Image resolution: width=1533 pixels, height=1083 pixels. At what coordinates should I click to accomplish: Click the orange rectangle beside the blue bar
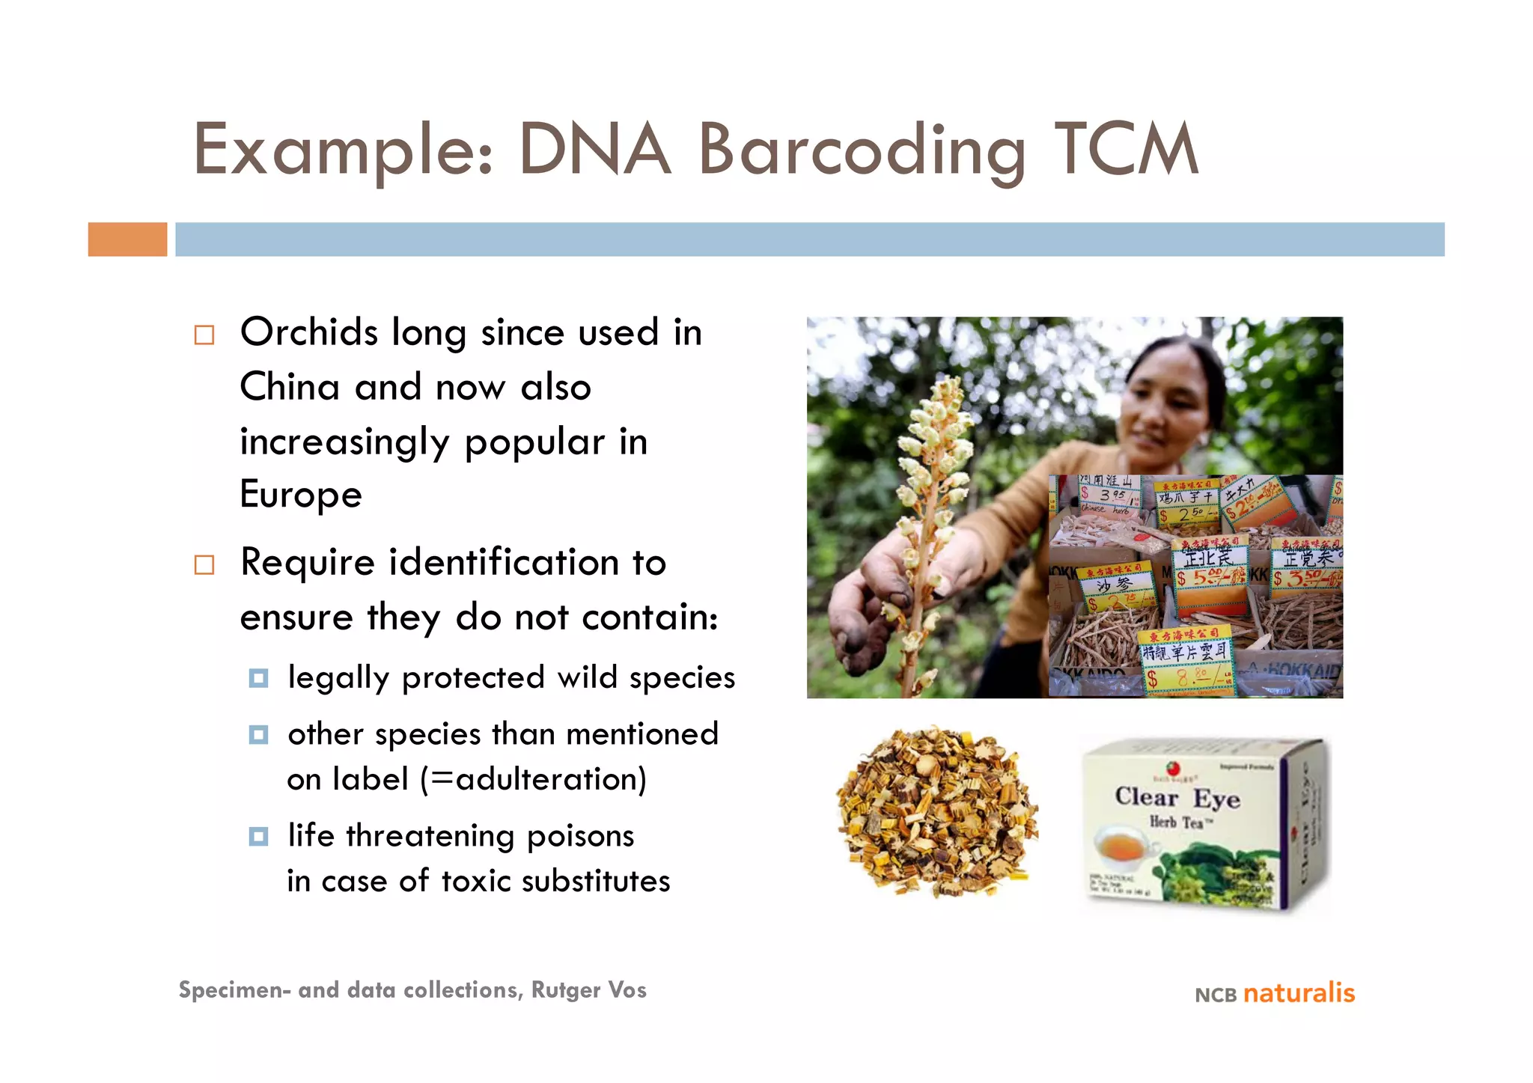[x=127, y=240]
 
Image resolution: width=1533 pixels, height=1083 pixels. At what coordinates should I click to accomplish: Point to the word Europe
[x=301, y=495]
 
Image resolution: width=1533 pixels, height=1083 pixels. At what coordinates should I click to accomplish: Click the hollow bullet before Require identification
[x=204, y=564]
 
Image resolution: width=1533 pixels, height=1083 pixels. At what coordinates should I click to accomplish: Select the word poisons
[x=580, y=835]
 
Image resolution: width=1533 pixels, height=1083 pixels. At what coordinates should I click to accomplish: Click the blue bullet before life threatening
[x=258, y=836]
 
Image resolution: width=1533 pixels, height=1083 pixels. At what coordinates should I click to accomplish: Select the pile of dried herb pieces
[x=937, y=812]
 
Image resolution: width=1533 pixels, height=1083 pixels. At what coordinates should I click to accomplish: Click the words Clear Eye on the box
[x=1177, y=797]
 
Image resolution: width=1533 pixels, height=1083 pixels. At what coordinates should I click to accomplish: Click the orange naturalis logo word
[x=1299, y=993]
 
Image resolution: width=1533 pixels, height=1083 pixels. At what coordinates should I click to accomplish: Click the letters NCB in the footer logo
[x=1215, y=995]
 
